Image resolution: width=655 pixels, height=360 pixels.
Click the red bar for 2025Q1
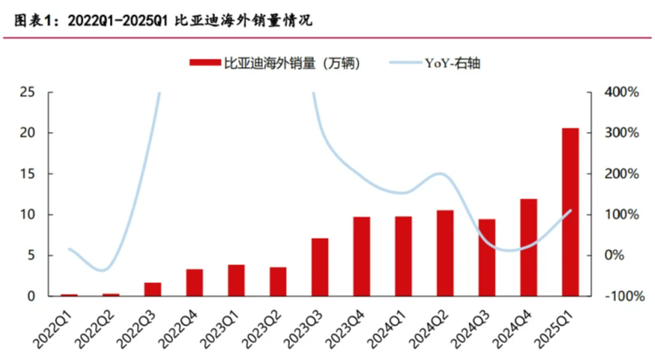570,212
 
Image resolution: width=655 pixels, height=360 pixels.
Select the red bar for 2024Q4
528,247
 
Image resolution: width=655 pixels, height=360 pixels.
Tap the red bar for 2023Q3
320,267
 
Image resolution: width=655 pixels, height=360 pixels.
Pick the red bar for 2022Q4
194,282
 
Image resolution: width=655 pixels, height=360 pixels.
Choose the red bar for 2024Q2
445,253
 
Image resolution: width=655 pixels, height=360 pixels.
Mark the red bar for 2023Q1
236,280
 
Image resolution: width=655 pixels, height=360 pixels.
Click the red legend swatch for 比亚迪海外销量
203,63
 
